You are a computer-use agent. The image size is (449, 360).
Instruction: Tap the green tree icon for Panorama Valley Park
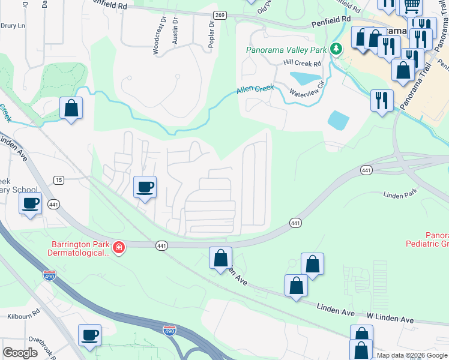click(x=337, y=49)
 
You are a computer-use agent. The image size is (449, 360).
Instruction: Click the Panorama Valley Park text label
click(x=289, y=49)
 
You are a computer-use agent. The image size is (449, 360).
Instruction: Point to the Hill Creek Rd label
click(x=303, y=63)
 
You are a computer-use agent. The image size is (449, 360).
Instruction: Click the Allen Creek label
click(x=255, y=89)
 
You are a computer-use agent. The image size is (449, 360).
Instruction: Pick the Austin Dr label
click(x=175, y=31)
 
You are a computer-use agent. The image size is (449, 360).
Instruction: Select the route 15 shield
click(x=58, y=179)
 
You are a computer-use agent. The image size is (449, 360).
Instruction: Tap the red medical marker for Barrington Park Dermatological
click(x=119, y=247)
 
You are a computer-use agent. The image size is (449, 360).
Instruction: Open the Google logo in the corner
click(x=20, y=353)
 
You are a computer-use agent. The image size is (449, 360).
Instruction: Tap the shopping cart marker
click(x=411, y=7)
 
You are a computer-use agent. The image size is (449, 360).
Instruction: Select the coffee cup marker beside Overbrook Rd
click(x=90, y=335)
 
